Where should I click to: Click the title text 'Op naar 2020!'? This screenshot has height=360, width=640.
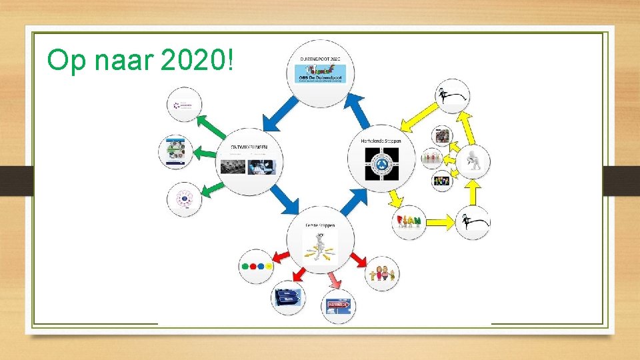tap(141, 61)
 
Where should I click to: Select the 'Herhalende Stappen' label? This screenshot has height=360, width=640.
tap(381, 141)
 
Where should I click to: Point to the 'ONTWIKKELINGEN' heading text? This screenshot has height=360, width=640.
tap(250, 147)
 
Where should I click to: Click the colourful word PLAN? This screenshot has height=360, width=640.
tap(408, 221)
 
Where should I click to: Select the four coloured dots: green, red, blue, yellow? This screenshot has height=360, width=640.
tap(255, 266)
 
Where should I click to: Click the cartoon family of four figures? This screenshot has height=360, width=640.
tap(382, 273)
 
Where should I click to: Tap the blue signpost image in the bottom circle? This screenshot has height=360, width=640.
tap(287, 297)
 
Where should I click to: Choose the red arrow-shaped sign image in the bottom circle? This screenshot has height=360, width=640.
tap(338, 307)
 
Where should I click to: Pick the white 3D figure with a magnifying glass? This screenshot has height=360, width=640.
tap(473, 163)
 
